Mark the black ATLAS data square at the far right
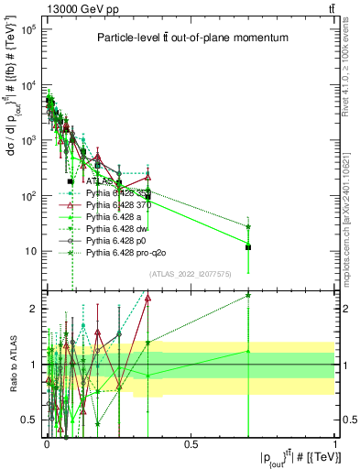[248, 246]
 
